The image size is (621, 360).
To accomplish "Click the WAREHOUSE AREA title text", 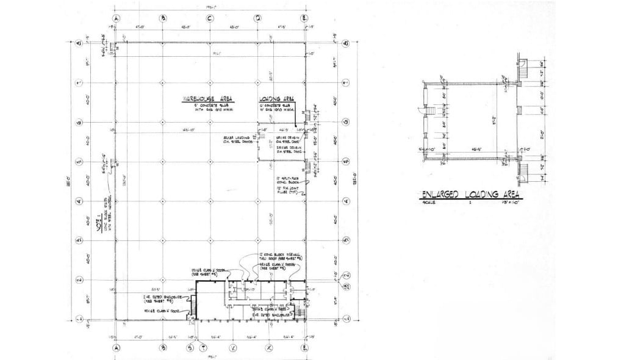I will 209,98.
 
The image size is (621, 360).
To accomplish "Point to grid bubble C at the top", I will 210,18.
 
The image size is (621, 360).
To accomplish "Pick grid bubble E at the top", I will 304,18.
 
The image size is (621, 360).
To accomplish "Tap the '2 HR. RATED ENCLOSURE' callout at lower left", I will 157,298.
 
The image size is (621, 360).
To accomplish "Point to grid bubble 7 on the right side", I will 345,82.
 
